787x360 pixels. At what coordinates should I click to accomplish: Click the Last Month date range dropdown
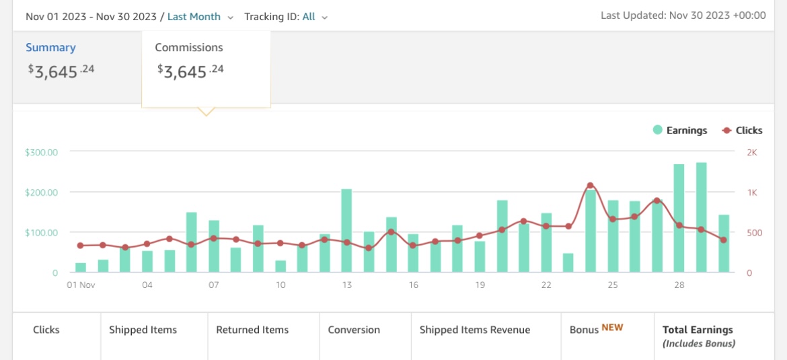[200, 17]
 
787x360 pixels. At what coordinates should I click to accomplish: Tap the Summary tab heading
[50, 47]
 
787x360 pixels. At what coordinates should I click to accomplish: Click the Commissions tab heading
[189, 47]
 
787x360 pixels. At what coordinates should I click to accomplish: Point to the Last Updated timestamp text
[683, 15]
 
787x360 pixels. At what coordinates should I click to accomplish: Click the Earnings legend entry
[680, 131]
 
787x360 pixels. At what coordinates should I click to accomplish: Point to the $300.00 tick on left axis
[41, 152]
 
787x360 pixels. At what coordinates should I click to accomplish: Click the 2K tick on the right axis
[752, 152]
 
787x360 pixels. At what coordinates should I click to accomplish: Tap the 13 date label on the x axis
[347, 285]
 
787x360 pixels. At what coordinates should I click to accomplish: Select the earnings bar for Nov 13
[346, 231]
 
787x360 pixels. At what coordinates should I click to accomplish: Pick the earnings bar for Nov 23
[568, 263]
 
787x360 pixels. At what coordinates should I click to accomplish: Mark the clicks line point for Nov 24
[590, 185]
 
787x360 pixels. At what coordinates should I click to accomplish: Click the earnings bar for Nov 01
[81, 268]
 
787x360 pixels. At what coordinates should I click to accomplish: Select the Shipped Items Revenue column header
[475, 330]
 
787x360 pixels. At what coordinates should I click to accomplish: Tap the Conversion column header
[354, 330]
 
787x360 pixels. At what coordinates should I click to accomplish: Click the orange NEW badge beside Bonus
[612, 328]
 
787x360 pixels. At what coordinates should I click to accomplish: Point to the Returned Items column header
[252, 330]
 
